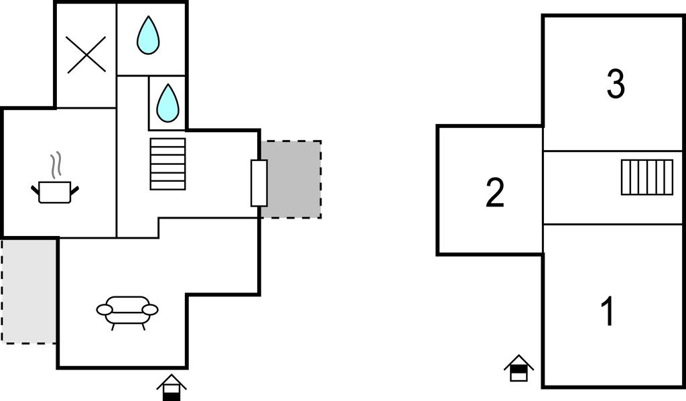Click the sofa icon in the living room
[x=127, y=312]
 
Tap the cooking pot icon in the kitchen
[x=55, y=191]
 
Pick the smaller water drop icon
[x=167, y=103]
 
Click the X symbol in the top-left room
[x=87, y=54]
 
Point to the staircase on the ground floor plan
[x=167, y=164]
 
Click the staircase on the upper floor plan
[x=646, y=177]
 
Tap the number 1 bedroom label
[x=608, y=312]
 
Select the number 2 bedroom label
[x=494, y=193]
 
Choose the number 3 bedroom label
[x=615, y=84]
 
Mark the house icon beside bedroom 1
[x=519, y=368]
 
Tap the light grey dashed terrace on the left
[x=29, y=290]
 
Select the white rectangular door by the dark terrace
[x=259, y=183]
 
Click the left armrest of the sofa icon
[x=105, y=309]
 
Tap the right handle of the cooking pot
[x=74, y=190]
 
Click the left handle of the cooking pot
[x=36, y=191]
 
